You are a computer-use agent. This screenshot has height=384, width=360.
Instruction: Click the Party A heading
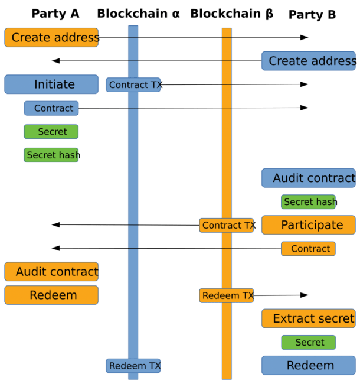click(55, 14)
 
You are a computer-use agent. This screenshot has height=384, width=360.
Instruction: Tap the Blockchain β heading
click(232, 14)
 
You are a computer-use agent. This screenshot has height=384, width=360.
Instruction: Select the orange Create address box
click(51, 38)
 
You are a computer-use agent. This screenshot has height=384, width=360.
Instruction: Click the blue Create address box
click(309, 61)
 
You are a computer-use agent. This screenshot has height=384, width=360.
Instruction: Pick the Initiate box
click(51, 84)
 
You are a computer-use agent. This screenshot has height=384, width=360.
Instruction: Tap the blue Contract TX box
click(133, 85)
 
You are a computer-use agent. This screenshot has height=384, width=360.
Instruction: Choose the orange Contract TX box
click(227, 225)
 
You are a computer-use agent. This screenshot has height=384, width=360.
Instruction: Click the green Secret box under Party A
click(51, 132)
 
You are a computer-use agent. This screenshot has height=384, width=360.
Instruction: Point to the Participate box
click(309, 225)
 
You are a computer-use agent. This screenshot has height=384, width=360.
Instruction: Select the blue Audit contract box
click(309, 178)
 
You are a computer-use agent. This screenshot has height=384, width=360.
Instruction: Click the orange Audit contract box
click(51, 272)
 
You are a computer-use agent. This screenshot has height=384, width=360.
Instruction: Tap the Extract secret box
click(309, 318)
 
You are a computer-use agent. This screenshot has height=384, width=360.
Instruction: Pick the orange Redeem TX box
click(227, 295)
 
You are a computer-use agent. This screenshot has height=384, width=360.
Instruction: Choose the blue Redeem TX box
click(133, 366)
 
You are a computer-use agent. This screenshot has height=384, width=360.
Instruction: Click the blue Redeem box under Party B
click(309, 366)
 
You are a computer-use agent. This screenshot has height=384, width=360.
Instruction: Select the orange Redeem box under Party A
click(51, 295)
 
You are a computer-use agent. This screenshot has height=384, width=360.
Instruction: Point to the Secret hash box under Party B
click(308, 202)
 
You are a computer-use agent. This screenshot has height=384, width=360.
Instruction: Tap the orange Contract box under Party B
click(308, 249)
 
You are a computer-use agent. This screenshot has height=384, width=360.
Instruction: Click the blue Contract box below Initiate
click(51, 108)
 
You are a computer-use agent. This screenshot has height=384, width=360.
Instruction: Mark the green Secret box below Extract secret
click(308, 343)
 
